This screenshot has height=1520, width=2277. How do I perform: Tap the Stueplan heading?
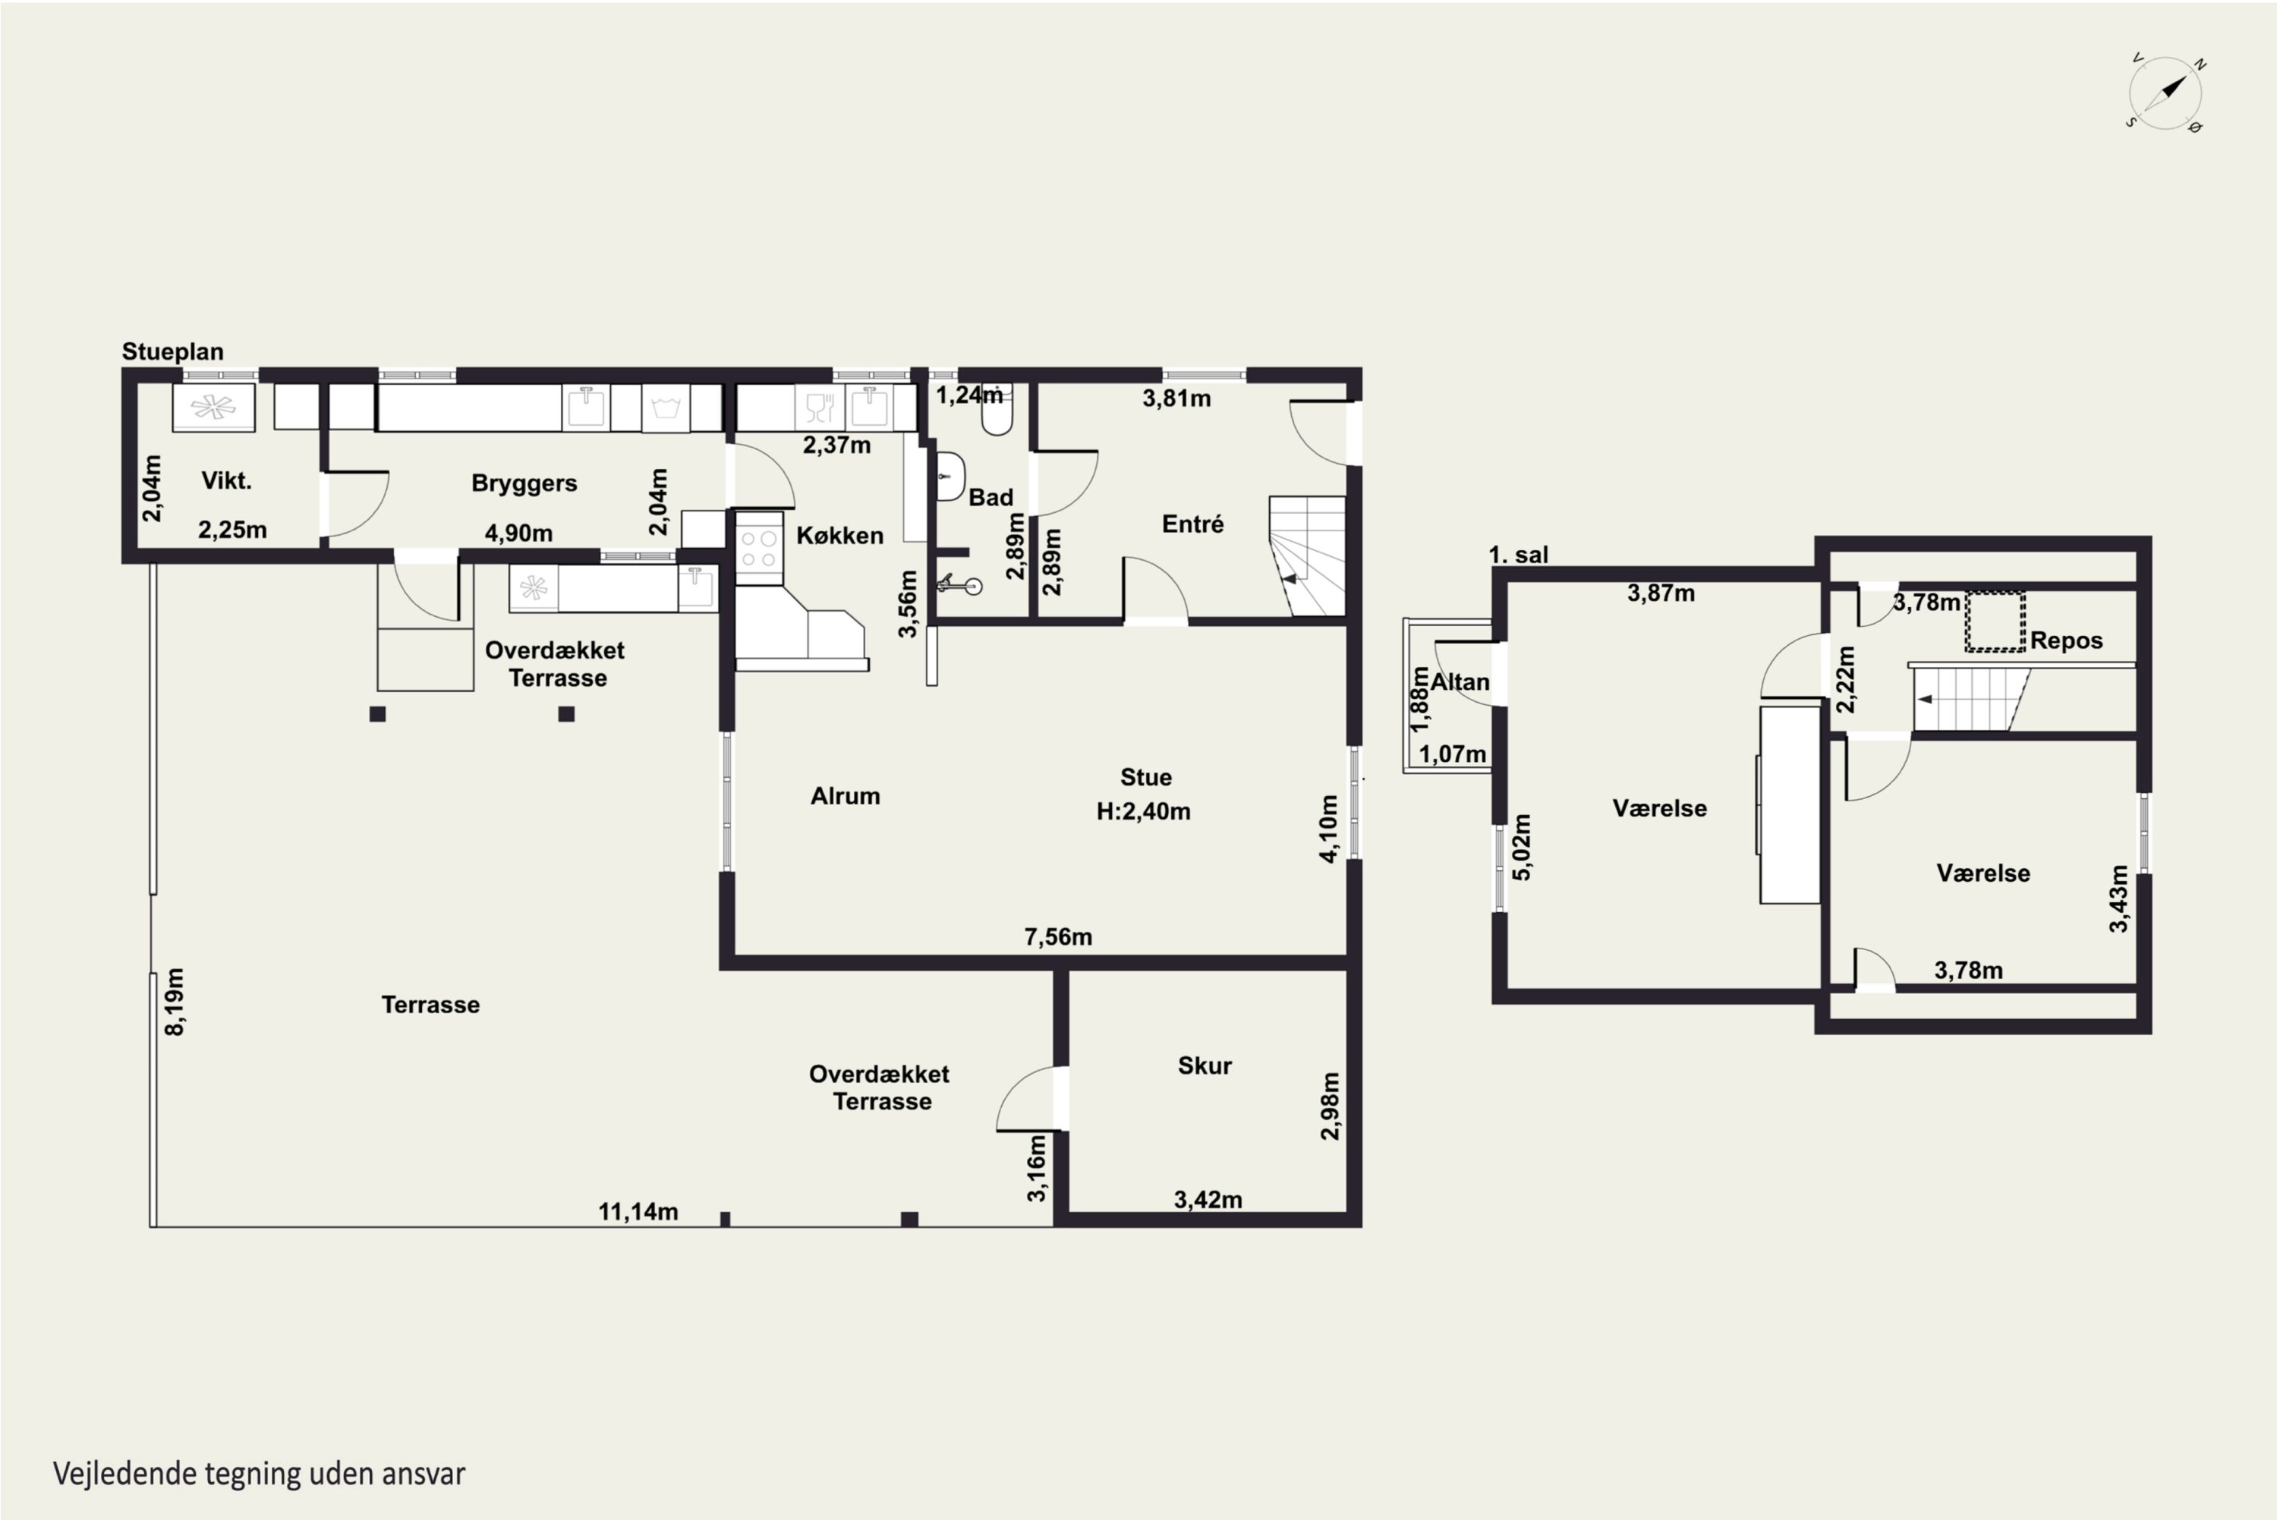(x=172, y=352)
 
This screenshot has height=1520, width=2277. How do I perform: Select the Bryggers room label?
(x=524, y=483)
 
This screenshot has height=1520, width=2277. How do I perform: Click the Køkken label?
(x=839, y=536)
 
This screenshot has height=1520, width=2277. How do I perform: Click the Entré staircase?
(x=1308, y=555)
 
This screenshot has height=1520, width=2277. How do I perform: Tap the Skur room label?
(x=1205, y=1066)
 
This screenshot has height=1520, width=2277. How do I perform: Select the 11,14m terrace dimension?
(x=638, y=1212)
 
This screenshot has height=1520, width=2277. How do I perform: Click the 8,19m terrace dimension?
(x=175, y=1002)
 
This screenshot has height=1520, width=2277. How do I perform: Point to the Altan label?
(x=1460, y=682)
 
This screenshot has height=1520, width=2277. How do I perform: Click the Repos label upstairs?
(x=2067, y=640)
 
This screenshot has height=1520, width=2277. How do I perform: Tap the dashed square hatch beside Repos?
(x=1995, y=622)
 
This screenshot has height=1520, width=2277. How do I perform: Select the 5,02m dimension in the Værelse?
(x=1523, y=847)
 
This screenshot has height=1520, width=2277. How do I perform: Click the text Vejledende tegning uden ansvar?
(x=259, y=1474)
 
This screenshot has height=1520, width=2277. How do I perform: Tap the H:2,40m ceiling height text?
(x=1144, y=811)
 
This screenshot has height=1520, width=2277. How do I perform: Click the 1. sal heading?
(x=1518, y=555)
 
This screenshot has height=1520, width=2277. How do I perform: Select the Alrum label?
(x=846, y=796)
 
